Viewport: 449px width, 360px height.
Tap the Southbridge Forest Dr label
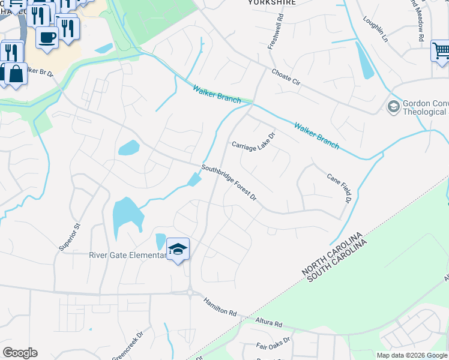point(229,183)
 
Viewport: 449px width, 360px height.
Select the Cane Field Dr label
point(339,187)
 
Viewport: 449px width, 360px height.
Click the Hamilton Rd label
point(220,307)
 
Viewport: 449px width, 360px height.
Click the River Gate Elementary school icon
point(178,248)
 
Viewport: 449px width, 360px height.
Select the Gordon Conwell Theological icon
point(394,107)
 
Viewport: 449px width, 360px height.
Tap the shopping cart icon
point(441,51)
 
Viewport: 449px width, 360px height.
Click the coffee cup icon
point(47,36)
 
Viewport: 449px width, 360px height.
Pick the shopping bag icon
point(16,74)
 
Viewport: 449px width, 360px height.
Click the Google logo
point(20,353)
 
